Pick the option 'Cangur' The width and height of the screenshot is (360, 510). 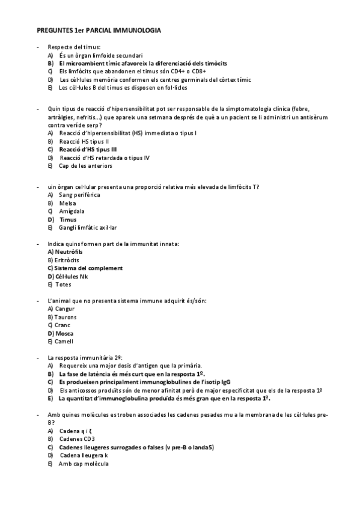click(62, 309)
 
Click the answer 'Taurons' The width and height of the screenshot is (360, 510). click(63, 316)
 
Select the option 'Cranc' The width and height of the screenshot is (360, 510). click(62, 325)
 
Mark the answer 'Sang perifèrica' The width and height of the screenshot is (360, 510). click(79, 195)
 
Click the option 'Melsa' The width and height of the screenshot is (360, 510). click(67, 203)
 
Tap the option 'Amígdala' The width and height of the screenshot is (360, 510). click(72, 211)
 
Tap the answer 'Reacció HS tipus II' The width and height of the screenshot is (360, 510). click(84, 141)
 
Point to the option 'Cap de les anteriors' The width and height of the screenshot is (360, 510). click(85, 165)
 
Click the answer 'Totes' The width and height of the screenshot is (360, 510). click(63, 284)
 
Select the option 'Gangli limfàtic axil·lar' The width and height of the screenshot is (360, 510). click(88, 228)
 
